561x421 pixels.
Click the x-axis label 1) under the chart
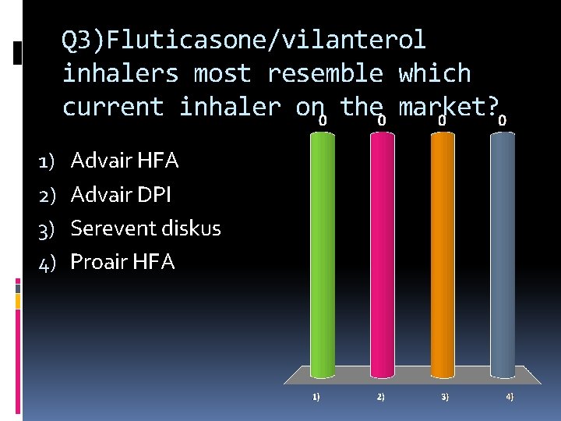316,397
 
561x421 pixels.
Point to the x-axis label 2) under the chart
380,397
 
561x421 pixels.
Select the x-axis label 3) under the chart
445,397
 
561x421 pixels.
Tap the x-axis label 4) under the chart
510,397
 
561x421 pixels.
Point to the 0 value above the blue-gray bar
503,122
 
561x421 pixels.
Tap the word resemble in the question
325,73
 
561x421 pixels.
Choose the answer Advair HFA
125,161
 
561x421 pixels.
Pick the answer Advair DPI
121,195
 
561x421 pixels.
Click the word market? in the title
448,107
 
